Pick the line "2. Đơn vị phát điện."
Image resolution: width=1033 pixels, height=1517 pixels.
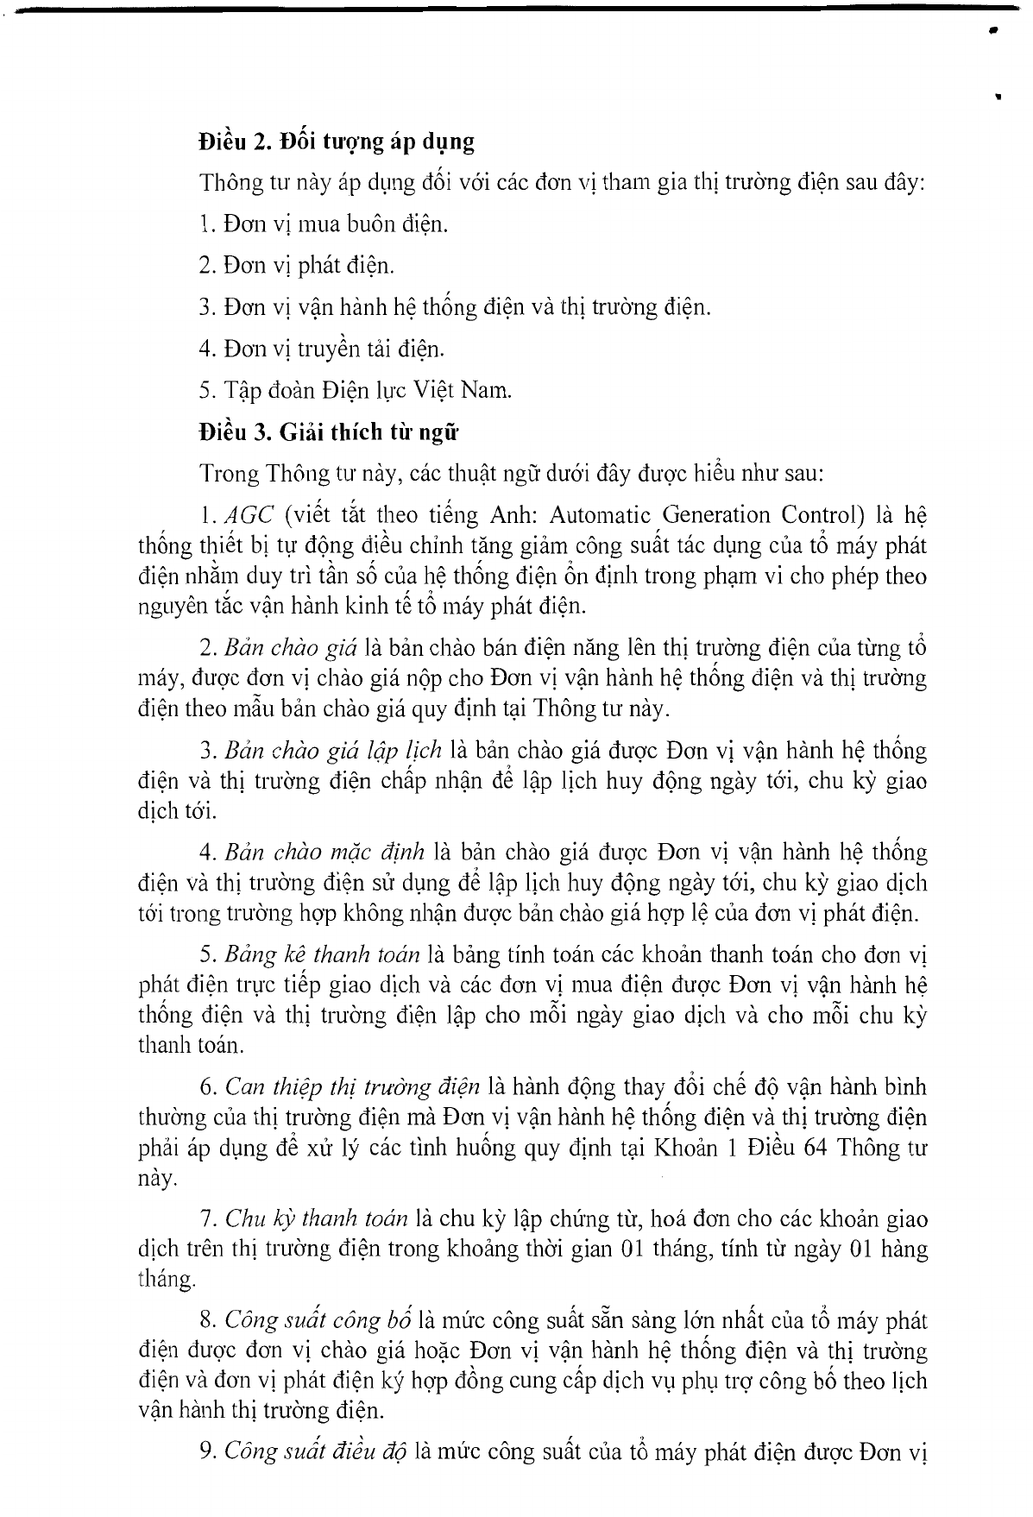[296, 266]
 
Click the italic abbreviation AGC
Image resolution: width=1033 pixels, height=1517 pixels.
[249, 516]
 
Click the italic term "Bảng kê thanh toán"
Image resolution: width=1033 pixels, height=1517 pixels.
[322, 955]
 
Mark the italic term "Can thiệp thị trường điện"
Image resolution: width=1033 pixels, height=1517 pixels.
[351, 1087]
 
